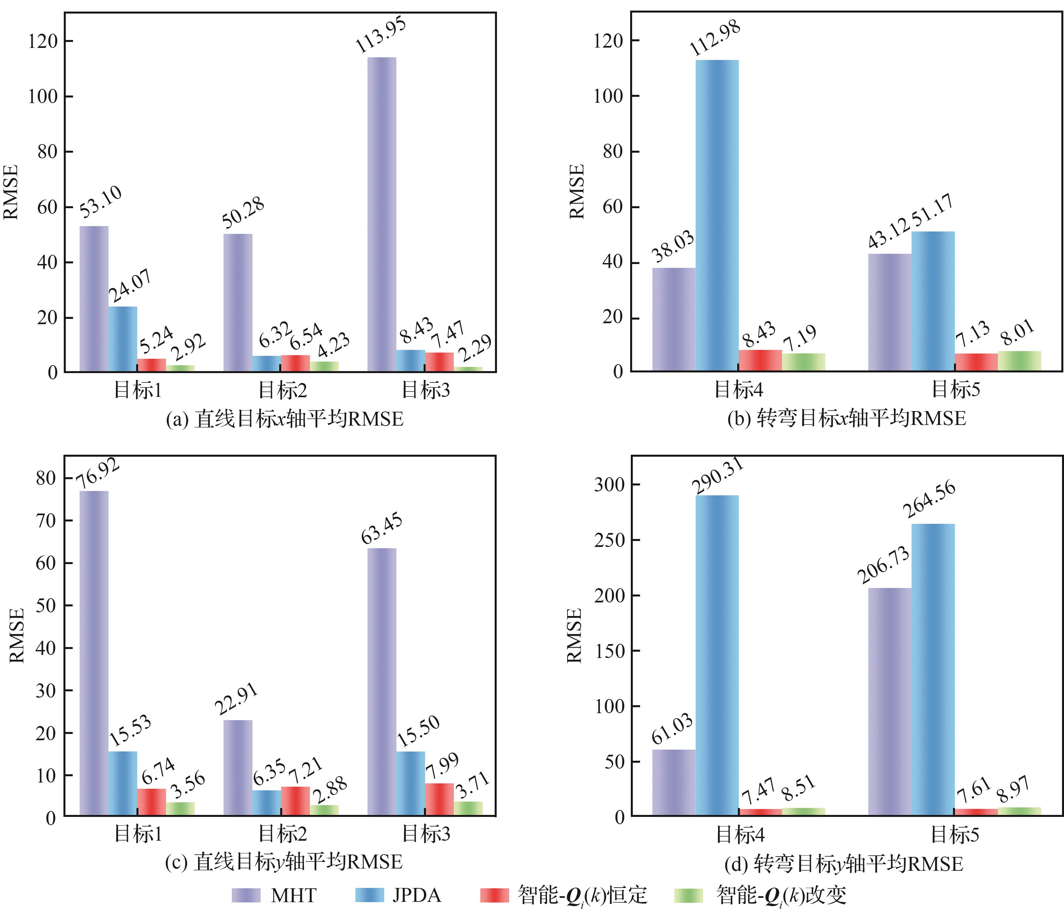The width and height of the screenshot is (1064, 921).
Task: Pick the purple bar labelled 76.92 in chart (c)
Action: [x=94, y=653]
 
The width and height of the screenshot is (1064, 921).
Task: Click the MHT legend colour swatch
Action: [x=246, y=895]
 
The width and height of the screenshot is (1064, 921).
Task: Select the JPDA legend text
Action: [x=416, y=895]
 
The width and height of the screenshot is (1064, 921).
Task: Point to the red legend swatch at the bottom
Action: [x=494, y=895]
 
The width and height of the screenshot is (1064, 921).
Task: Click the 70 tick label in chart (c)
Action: [x=46, y=520]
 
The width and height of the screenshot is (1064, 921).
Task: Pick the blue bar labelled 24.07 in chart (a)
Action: [x=123, y=339]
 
